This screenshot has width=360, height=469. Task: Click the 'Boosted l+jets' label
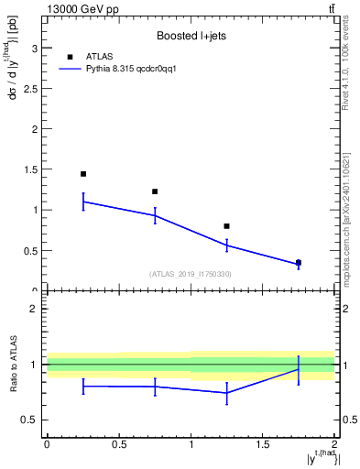(191, 36)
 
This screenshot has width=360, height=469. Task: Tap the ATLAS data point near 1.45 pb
(83, 174)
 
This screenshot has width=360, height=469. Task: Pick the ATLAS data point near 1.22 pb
(155, 191)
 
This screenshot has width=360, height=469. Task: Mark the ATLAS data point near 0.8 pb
(226, 225)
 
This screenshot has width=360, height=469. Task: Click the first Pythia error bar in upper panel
(83, 202)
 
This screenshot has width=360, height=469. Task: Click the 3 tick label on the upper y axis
(33, 48)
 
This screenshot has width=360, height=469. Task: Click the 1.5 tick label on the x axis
(263, 446)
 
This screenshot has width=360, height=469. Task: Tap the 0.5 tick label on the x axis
(119, 446)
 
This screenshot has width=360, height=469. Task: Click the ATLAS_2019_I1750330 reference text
(191, 274)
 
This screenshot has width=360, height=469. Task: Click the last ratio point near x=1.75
(299, 369)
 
